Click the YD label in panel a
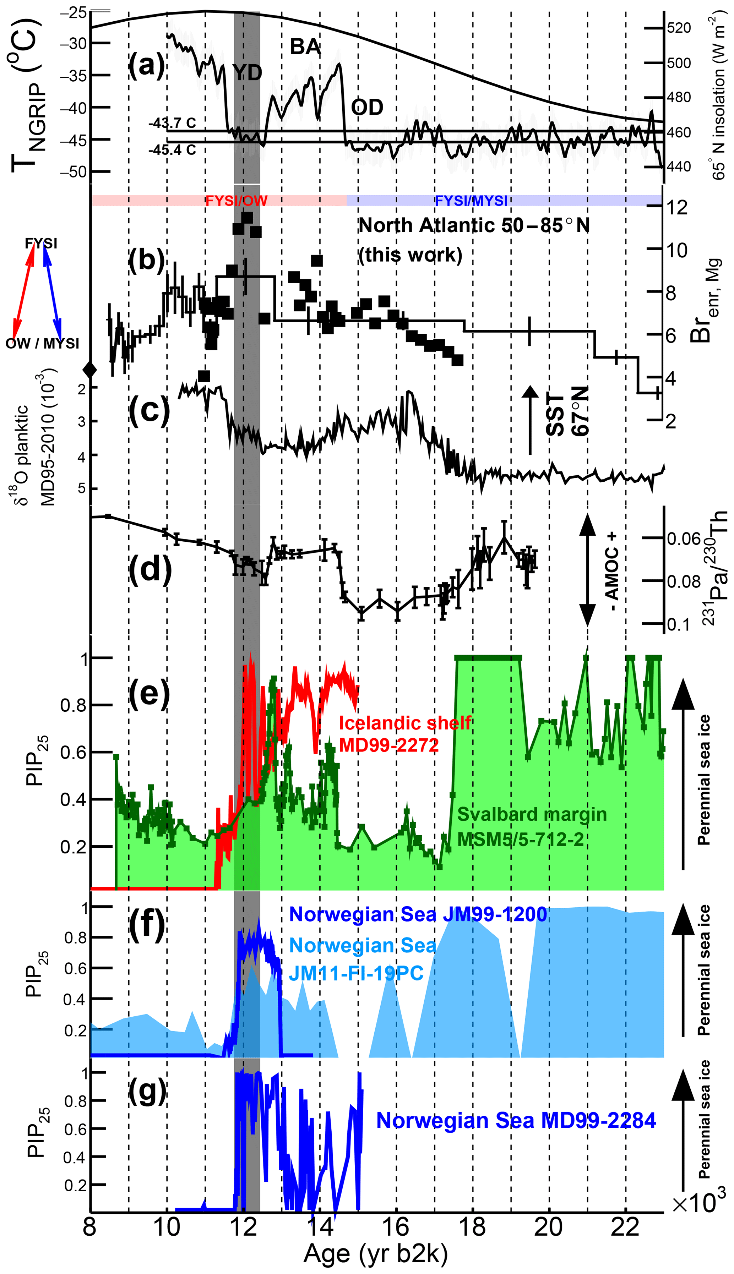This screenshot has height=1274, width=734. point(248,73)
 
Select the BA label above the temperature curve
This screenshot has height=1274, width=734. point(305,47)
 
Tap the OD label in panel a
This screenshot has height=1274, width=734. point(367,107)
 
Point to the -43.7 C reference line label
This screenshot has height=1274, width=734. point(172,123)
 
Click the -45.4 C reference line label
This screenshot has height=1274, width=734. point(172,150)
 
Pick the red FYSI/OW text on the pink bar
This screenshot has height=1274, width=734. point(236,201)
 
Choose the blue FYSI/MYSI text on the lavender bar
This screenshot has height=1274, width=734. point(471,201)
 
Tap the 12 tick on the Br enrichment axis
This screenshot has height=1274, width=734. point(675,207)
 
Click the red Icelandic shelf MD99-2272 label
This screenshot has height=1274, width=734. point(405,733)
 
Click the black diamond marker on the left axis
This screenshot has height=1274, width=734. point(90,370)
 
